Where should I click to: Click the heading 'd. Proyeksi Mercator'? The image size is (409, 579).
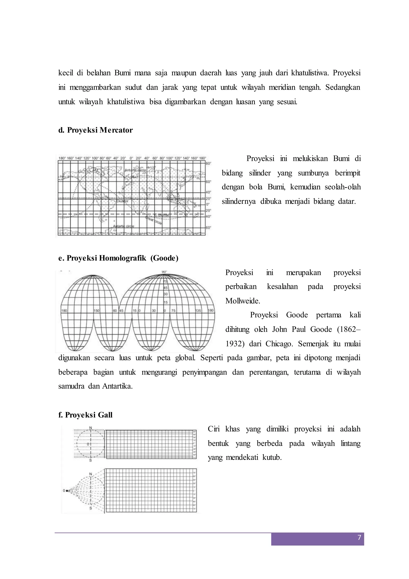pyautogui.click(x=95, y=130)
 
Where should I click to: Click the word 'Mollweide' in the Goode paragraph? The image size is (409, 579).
pyautogui.click(x=242, y=301)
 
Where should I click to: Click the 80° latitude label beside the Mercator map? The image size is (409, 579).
pyautogui.click(x=208, y=163)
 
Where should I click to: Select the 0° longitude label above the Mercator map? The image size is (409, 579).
pyautogui.click(x=131, y=158)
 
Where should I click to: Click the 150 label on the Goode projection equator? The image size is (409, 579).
pyautogui.click(x=97, y=311)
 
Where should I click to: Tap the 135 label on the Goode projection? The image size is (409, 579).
pyautogui.click(x=199, y=311)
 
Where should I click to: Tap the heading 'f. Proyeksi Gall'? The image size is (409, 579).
pyautogui.click(x=85, y=415)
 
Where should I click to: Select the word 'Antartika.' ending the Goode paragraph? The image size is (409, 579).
pyautogui.click(x=117, y=386)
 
